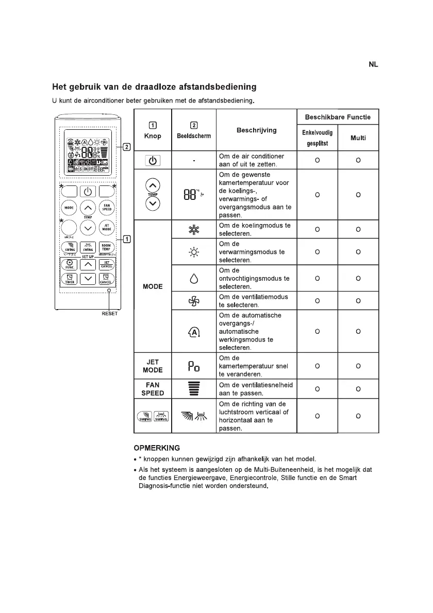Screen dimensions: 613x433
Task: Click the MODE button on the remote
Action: point(69,208)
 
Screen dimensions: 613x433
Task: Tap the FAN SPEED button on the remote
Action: point(107,207)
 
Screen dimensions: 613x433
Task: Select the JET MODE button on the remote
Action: point(107,227)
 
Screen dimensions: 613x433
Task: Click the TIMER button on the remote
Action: point(69,279)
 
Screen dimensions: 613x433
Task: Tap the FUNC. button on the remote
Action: point(69,264)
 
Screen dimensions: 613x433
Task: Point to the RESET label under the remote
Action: point(109,313)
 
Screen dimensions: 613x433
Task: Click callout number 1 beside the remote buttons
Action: point(126,239)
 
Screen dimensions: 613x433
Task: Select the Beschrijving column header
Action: point(256,130)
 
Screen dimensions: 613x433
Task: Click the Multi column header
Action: point(358,138)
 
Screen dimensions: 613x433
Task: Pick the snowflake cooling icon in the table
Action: point(193,229)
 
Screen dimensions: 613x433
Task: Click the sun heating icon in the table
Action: point(193,252)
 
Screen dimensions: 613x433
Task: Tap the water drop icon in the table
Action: point(193,278)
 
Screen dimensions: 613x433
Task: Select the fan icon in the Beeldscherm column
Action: point(193,301)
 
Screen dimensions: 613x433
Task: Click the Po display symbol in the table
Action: point(193,366)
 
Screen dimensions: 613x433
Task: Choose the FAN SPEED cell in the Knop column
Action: point(153,389)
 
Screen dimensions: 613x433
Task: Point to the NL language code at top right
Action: point(373,64)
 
